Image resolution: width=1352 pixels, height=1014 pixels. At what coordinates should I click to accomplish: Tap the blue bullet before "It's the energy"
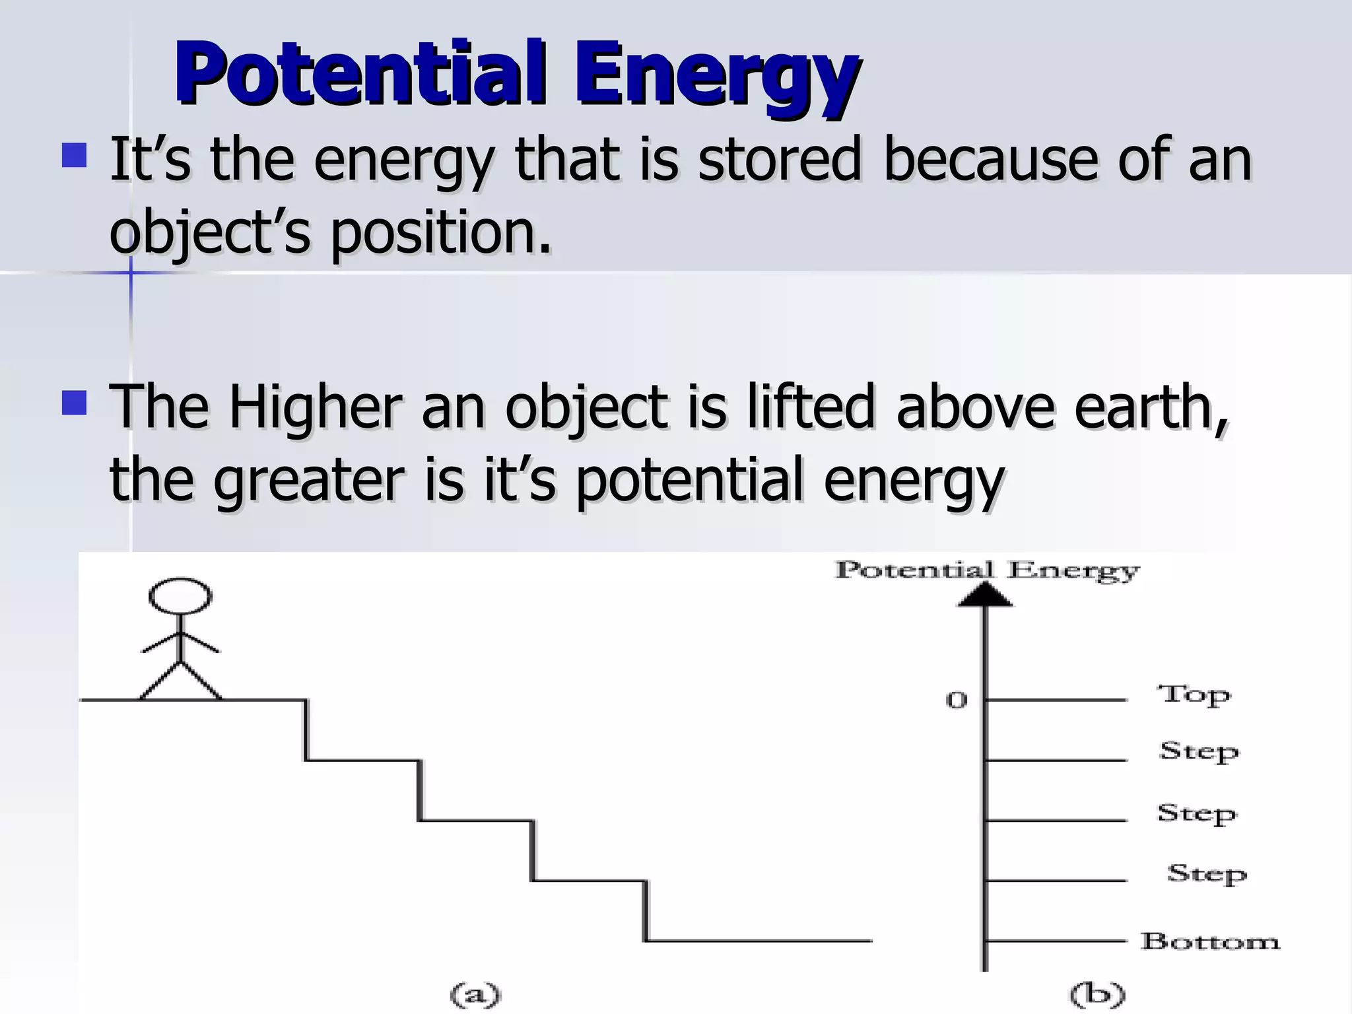pyautogui.click(x=74, y=156)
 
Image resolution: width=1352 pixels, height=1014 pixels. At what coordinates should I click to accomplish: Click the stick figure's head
pyautogui.click(x=180, y=596)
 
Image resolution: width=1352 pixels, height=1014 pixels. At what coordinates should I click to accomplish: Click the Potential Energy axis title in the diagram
pyautogui.click(x=987, y=570)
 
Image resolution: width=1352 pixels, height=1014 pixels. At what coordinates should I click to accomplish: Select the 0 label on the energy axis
pyautogui.click(x=957, y=700)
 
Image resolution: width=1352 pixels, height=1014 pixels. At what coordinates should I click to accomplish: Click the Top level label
pyautogui.click(x=1194, y=694)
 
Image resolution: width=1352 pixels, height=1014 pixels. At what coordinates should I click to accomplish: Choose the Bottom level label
pyautogui.click(x=1209, y=941)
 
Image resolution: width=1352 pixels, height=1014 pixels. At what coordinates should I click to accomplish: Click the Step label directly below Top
pyautogui.click(x=1198, y=752)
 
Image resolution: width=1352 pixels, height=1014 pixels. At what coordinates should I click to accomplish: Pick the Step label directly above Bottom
pyautogui.click(x=1206, y=874)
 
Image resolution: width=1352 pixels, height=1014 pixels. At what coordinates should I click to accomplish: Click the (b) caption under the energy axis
pyautogui.click(x=1097, y=994)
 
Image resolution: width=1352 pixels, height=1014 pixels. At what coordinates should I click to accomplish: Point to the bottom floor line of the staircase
pyautogui.click(x=759, y=940)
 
